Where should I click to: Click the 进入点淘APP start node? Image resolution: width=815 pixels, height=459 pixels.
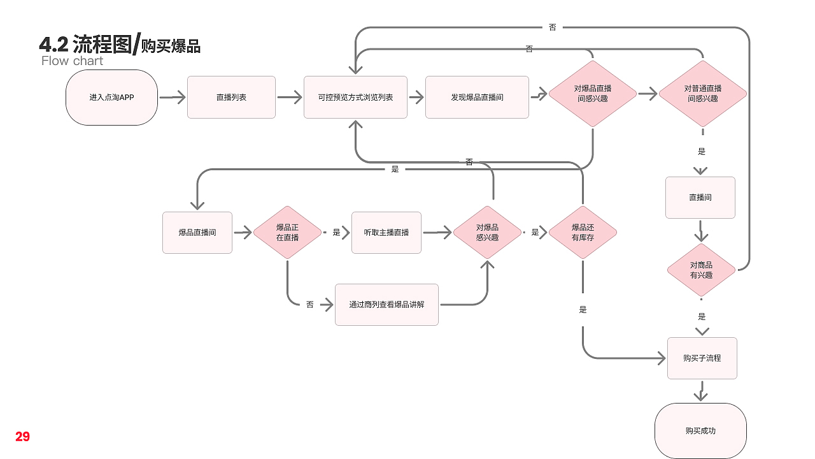(x=111, y=98)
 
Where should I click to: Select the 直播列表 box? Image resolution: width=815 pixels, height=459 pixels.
(x=231, y=98)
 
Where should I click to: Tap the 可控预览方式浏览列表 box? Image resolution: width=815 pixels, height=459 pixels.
(x=355, y=98)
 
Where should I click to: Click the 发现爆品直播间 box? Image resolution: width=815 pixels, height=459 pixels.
(x=477, y=98)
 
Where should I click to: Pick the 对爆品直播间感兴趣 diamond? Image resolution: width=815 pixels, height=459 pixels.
(x=592, y=94)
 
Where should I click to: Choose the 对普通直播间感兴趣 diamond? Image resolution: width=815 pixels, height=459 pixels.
(x=702, y=94)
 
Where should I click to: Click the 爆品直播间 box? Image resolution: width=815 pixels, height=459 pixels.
(x=197, y=233)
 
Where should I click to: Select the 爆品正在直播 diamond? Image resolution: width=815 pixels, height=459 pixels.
(x=287, y=233)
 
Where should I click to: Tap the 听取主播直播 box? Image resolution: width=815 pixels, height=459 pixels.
(x=386, y=233)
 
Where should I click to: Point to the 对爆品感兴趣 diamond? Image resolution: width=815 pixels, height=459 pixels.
(x=487, y=233)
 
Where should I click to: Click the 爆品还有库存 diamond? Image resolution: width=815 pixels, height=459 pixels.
(x=583, y=233)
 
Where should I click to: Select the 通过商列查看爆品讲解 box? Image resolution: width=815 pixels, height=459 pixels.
(x=386, y=305)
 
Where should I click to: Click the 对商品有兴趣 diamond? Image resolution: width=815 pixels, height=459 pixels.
(x=701, y=270)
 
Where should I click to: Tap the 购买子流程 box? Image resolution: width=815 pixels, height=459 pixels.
(x=702, y=358)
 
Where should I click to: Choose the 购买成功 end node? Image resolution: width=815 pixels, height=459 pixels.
(x=700, y=431)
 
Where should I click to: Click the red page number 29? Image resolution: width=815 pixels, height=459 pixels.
(x=23, y=437)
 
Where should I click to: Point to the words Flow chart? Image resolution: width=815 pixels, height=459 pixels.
(x=72, y=61)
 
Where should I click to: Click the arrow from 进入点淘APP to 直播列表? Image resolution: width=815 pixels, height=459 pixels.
(x=172, y=98)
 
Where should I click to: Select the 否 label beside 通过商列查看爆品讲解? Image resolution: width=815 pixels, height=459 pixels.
(x=309, y=305)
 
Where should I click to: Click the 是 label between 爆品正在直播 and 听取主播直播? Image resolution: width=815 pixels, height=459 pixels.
(x=336, y=233)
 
